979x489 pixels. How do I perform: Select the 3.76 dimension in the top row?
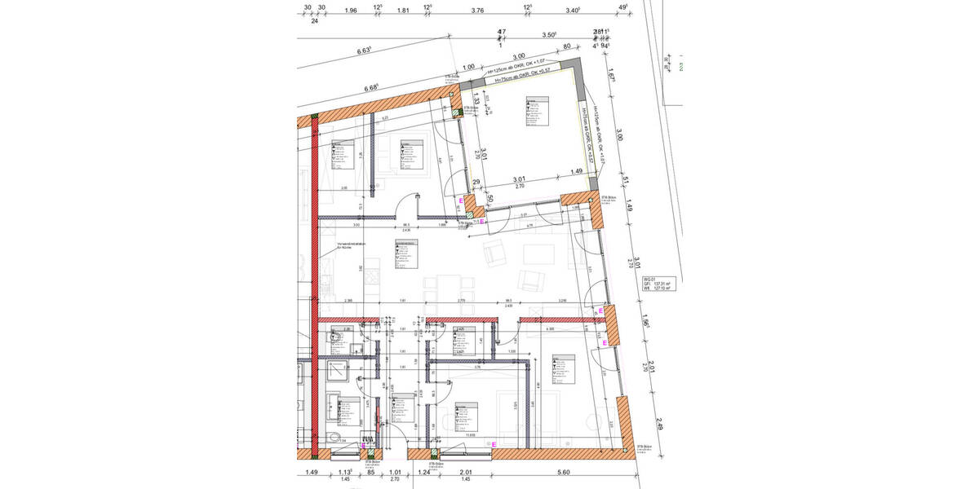tap(478, 11)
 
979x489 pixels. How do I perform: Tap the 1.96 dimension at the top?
tap(351, 11)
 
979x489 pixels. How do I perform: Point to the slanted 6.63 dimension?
tap(364, 51)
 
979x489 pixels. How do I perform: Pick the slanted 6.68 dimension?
tap(374, 87)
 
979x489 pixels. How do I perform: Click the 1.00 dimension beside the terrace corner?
tap(468, 68)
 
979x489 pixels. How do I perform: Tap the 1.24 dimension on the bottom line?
tap(423, 472)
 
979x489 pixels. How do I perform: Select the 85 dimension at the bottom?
tap(370, 472)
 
